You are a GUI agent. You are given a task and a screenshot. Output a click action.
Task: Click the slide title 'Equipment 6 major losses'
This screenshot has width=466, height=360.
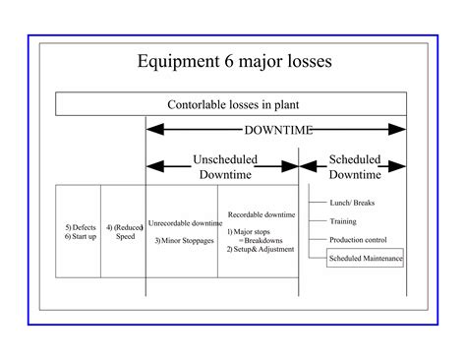(232, 62)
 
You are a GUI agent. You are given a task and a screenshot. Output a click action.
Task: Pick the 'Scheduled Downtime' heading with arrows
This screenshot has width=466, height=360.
(354, 166)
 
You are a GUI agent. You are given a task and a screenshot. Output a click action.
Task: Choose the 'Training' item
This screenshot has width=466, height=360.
(343, 221)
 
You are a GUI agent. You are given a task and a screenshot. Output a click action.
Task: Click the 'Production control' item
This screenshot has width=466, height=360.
(358, 239)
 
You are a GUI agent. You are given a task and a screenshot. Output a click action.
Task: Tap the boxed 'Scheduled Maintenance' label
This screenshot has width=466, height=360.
(365, 258)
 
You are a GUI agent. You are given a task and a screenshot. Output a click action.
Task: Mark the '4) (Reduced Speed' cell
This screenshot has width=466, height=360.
(123, 231)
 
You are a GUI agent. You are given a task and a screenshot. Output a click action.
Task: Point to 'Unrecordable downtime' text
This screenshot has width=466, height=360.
(185, 222)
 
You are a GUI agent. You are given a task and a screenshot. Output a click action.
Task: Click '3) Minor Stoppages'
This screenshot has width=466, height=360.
(184, 240)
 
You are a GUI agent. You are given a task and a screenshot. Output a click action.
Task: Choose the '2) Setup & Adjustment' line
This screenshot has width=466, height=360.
(259, 249)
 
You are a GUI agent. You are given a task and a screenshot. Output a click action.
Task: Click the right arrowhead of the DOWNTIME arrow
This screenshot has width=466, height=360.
(398, 129)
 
